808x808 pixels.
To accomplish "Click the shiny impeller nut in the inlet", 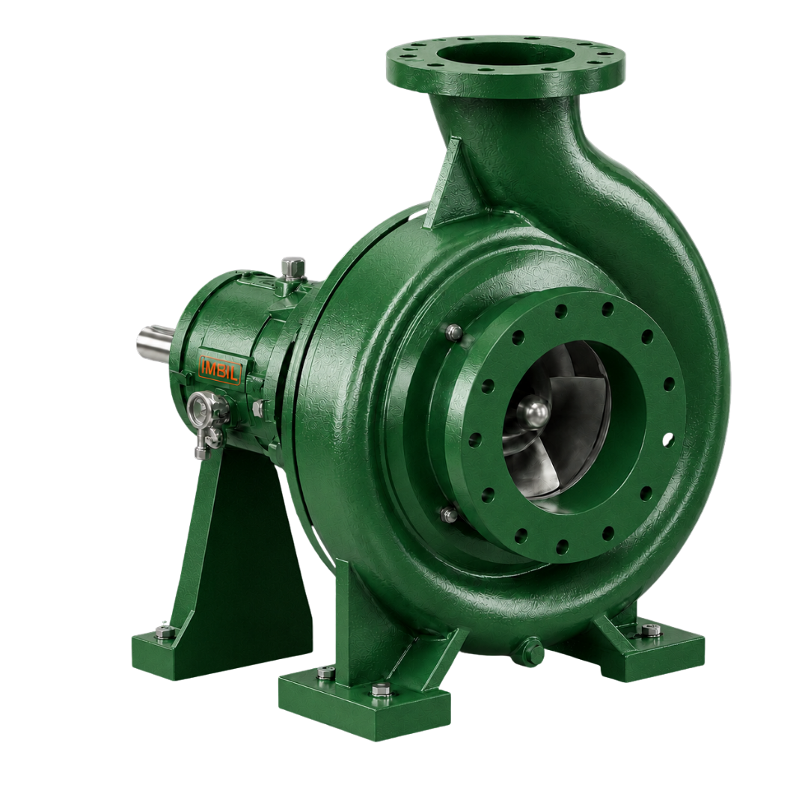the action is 534,414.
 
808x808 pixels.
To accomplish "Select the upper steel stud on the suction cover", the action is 453,332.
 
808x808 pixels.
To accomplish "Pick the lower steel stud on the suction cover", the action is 450,514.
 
